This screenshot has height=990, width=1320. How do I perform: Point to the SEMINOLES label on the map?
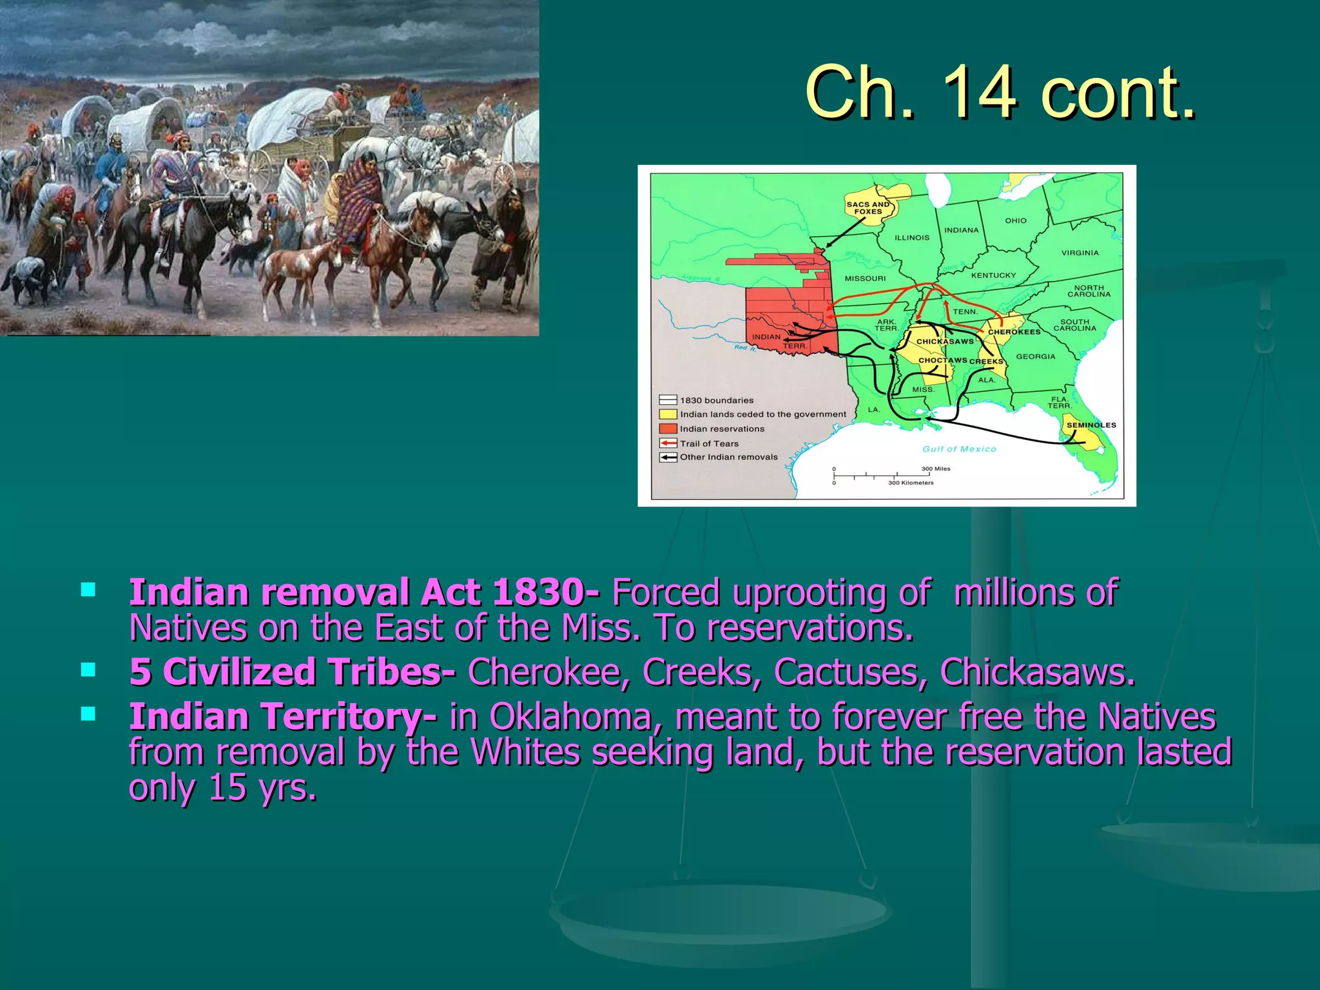point(1091,425)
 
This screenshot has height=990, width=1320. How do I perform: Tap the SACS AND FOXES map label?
point(868,208)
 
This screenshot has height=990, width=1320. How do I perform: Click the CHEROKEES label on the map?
point(1014,332)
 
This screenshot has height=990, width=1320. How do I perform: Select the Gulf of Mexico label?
point(959,449)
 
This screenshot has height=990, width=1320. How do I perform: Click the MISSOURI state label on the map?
point(865,278)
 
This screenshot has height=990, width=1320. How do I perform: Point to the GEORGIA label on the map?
point(1036,356)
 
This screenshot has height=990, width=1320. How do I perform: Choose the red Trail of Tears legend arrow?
point(668,443)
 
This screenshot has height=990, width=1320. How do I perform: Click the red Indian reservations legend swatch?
point(668,429)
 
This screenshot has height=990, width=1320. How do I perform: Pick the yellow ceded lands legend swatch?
point(668,414)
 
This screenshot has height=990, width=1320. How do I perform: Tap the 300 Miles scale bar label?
point(935,469)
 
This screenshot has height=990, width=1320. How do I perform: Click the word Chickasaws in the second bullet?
point(1036,672)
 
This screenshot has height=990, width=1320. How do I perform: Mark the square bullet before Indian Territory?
point(88,713)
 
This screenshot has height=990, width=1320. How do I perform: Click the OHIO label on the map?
point(1016,220)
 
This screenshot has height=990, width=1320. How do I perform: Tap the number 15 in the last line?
point(228,787)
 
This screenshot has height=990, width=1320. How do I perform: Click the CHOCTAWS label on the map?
point(942,360)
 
